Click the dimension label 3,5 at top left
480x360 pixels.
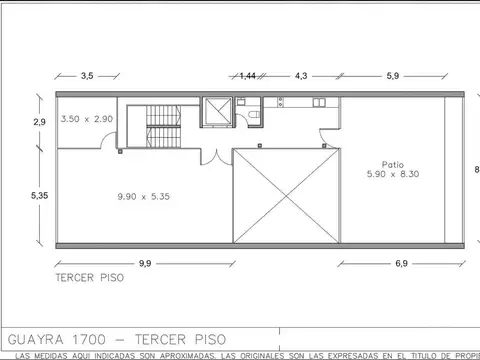(x=87, y=76)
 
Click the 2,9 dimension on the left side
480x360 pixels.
(x=39, y=121)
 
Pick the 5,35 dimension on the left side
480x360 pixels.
(x=39, y=196)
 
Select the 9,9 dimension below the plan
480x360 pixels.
(x=145, y=263)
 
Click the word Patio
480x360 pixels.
(x=392, y=164)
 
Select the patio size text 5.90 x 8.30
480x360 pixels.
(x=392, y=175)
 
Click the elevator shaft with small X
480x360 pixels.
(x=216, y=111)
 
